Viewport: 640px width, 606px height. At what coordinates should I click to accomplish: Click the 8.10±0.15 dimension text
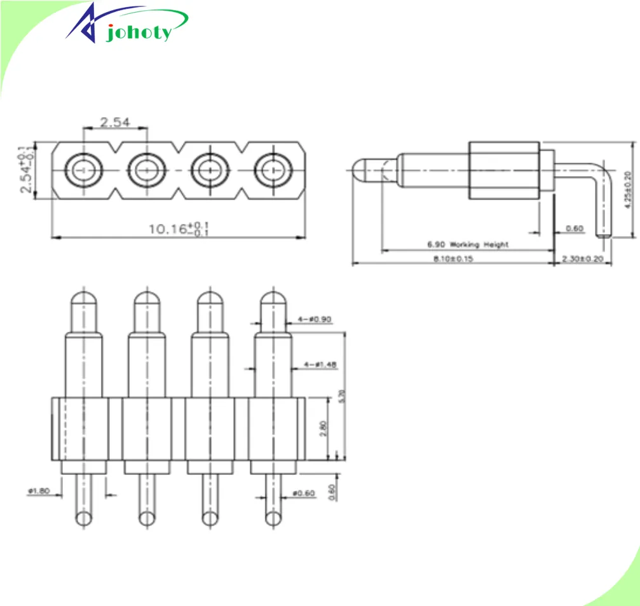pos(454,259)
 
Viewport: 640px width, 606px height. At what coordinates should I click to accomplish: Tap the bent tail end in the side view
pos(604,236)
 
